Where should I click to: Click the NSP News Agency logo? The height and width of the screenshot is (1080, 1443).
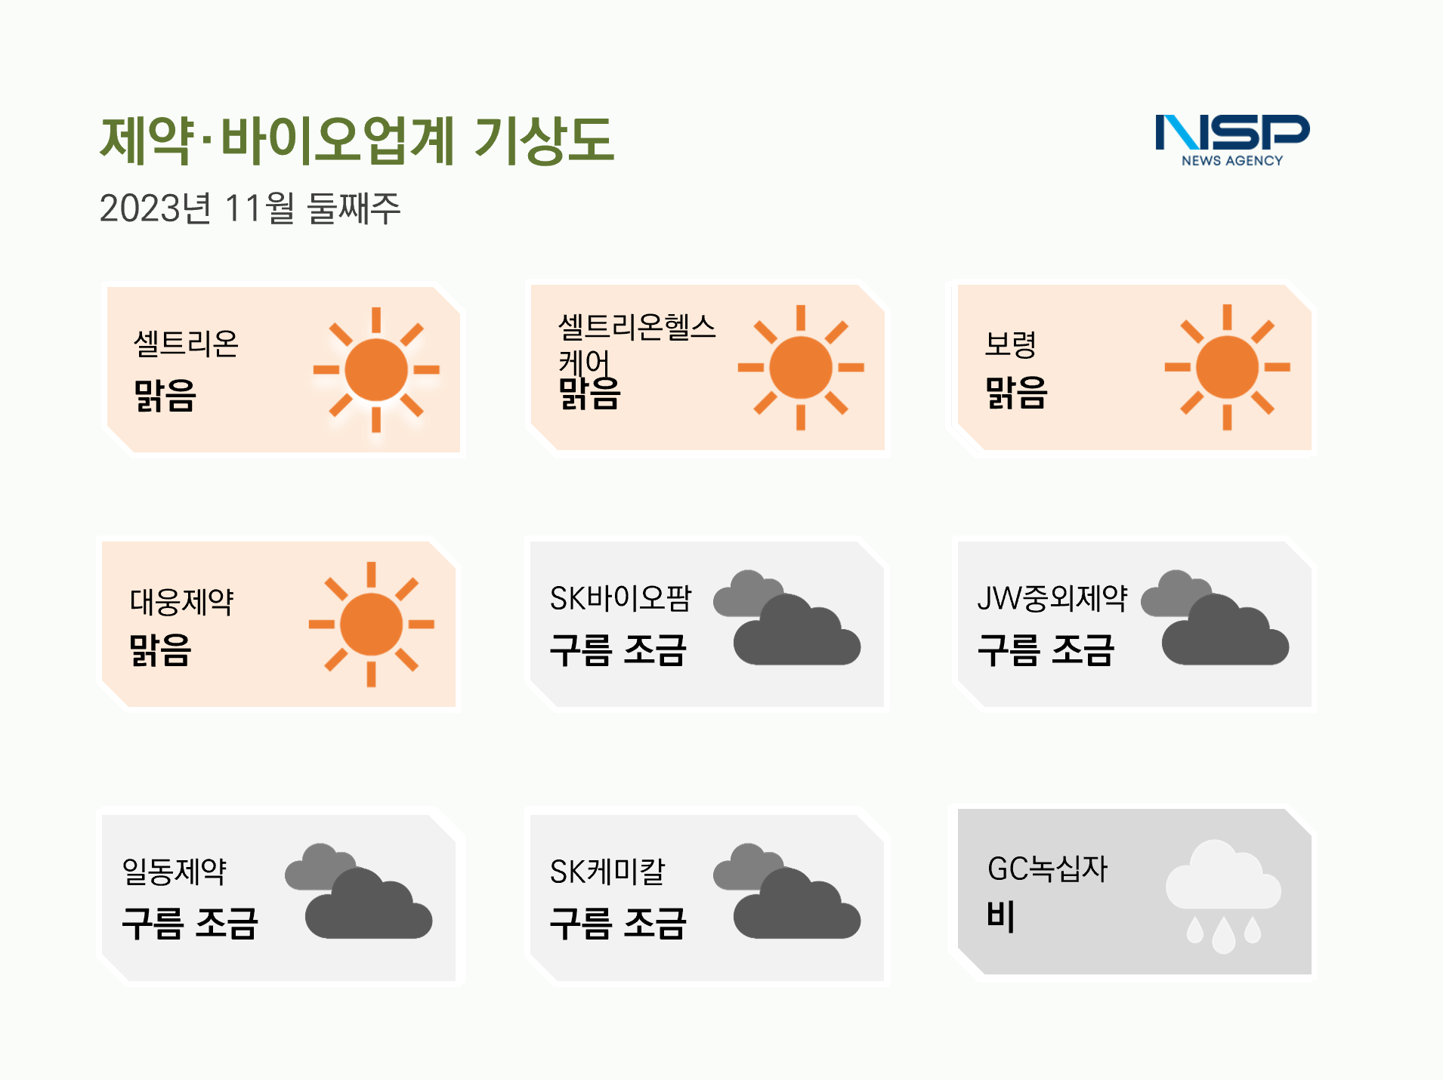click(1232, 140)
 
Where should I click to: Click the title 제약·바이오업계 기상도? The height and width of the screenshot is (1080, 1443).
click(357, 140)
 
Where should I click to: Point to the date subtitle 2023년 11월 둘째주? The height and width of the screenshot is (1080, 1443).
click(250, 208)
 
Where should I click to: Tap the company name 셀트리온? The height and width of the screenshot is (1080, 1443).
click(186, 344)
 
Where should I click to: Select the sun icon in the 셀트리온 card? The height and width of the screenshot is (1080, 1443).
click(376, 369)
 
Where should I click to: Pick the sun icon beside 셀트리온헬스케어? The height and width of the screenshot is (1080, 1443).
click(801, 368)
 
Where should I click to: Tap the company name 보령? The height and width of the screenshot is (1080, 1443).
click(1010, 344)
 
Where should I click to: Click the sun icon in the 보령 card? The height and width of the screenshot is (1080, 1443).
click(1228, 367)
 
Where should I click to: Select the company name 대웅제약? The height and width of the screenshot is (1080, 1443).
click(181, 601)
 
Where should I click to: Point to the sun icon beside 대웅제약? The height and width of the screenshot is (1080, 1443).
click(372, 625)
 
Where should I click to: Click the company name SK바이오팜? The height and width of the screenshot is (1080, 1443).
click(620, 598)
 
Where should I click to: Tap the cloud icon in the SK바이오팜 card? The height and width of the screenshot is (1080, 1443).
click(786, 618)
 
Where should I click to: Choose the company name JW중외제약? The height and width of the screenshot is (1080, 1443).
click(1052, 598)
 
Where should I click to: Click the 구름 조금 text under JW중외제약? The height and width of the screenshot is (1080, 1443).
click(1046, 650)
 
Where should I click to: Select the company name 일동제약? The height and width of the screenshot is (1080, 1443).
click(175, 872)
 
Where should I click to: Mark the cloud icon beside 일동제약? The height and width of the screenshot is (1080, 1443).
click(358, 891)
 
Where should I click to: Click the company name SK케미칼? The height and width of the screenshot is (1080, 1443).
click(607, 872)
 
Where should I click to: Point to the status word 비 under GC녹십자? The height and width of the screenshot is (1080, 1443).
click(1000, 916)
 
